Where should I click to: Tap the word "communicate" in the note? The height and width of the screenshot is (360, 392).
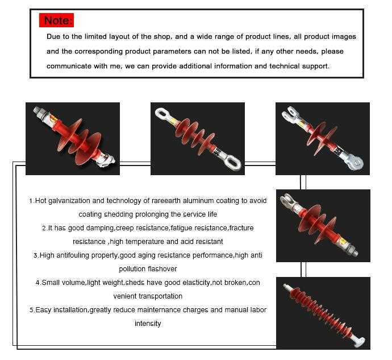[69, 66]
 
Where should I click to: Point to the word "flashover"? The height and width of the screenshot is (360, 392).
[161, 269]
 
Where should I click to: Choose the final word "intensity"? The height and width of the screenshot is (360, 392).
[148, 324]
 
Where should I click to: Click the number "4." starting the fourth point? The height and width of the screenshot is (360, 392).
[38, 283]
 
